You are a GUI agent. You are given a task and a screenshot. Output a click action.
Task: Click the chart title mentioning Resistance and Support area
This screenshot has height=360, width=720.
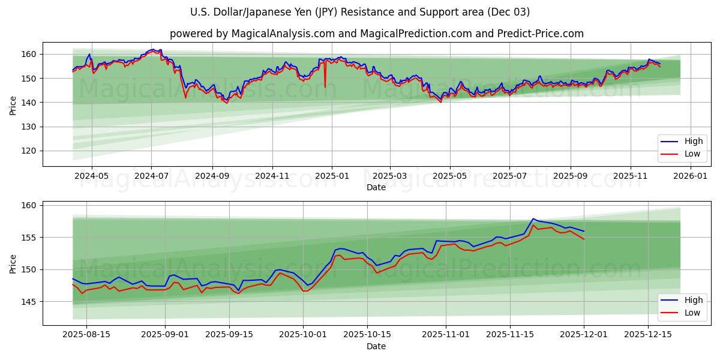(x=360, y=12)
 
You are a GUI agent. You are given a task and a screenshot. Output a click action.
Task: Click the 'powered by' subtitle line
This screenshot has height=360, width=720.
(x=376, y=34)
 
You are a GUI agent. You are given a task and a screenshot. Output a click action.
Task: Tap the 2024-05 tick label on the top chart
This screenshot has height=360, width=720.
(x=91, y=176)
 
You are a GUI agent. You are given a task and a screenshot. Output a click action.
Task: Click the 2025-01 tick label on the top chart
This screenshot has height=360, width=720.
(x=331, y=176)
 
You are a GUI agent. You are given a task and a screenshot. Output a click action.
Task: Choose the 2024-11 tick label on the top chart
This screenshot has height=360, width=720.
(x=272, y=176)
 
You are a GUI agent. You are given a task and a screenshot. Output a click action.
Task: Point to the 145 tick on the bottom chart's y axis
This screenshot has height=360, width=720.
(x=30, y=302)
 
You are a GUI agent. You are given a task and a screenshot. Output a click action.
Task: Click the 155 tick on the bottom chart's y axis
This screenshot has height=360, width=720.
(x=30, y=238)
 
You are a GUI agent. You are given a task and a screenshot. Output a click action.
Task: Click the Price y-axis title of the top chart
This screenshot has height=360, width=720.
(x=13, y=105)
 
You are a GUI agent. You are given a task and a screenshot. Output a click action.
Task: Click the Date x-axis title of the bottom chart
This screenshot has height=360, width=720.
(x=376, y=346)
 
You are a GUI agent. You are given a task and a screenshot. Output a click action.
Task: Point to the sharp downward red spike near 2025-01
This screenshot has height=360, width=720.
(x=325, y=86)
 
